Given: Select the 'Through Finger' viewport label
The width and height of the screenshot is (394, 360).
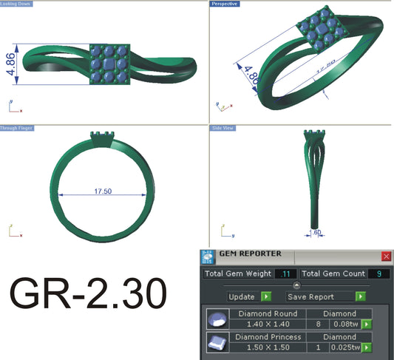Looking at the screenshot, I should (x=16, y=128).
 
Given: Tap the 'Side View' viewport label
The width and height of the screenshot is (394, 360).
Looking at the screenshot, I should (x=225, y=128).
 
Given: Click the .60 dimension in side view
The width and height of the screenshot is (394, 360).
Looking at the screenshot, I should (x=317, y=232).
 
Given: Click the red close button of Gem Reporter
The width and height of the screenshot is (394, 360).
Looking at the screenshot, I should (x=385, y=256).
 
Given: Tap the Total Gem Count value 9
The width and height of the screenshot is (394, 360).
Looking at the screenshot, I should (x=378, y=274).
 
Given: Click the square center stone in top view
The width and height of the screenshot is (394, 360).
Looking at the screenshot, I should (x=109, y=66).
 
